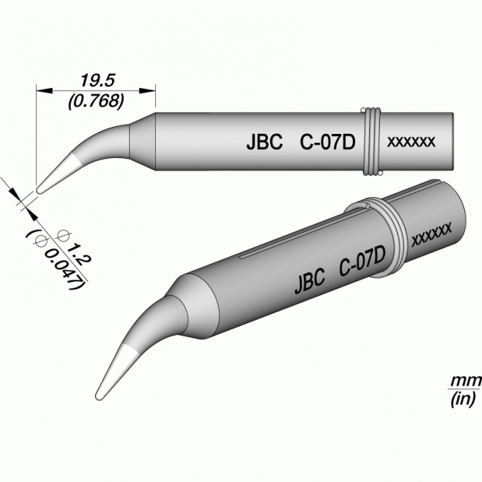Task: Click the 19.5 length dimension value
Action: [x=97, y=81]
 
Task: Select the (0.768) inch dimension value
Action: [x=96, y=101]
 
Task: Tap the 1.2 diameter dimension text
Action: [x=78, y=253]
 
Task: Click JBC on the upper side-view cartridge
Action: [x=264, y=142]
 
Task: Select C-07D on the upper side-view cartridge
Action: [x=327, y=142]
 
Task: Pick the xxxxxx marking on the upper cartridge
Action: [x=411, y=142]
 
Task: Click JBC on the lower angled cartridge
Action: [x=310, y=281]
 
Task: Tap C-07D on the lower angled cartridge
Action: [x=362, y=261]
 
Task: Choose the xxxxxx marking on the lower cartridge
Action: [x=432, y=234]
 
